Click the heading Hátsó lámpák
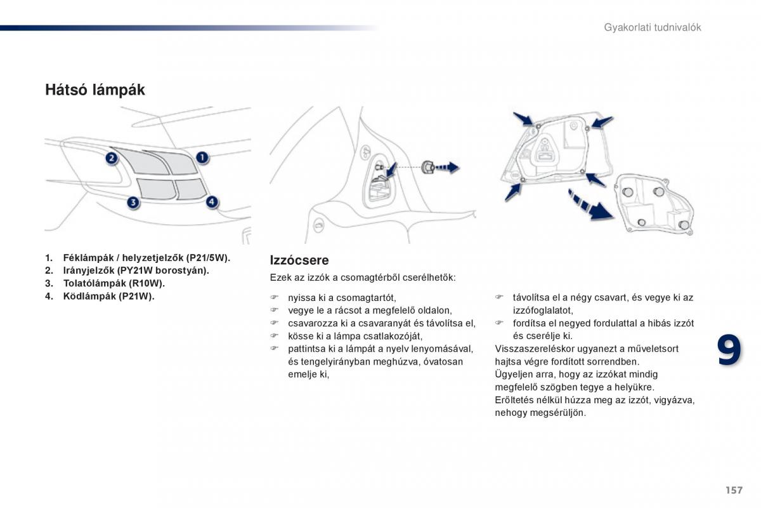pyautogui.click(x=94, y=90)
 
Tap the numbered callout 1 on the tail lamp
pyautogui.click(x=201, y=157)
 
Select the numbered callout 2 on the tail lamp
pyautogui.click(x=112, y=157)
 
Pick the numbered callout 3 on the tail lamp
pyautogui.click(x=133, y=203)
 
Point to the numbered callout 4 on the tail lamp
pyautogui.click(x=212, y=202)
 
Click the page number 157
pyautogui.click(x=733, y=490)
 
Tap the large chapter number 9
pyautogui.click(x=729, y=351)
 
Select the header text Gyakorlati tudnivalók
pyautogui.click(x=652, y=27)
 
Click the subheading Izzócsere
pyautogui.click(x=299, y=260)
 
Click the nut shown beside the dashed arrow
pyautogui.click(x=427, y=168)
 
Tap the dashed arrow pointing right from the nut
pyautogui.click(x=447, y=168)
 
